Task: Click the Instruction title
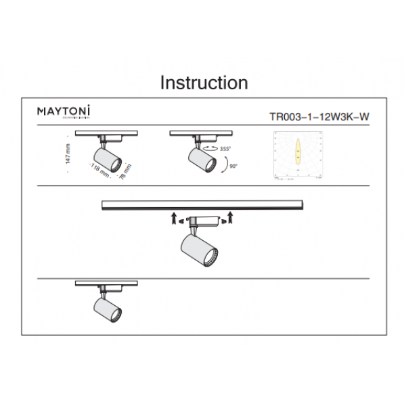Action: [x=204, y=83]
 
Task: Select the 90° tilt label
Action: [x=233, y=164]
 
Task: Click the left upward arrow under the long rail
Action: [x=174, y=217]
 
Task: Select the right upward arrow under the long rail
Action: [x=231, y=217]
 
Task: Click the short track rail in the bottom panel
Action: [x=107, y=283]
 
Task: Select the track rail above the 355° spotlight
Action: [x=201, y=133]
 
